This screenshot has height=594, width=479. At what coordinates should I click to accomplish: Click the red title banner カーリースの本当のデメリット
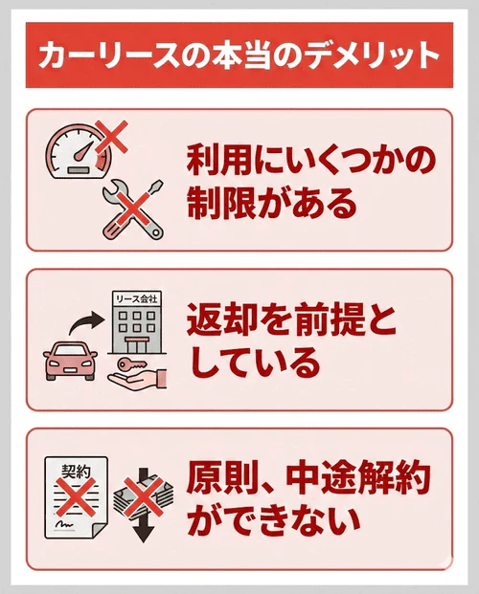pos(239,55)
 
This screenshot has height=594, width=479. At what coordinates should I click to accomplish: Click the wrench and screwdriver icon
pos(132,209)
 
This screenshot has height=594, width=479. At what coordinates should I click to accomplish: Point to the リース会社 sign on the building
pos(139,299)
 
